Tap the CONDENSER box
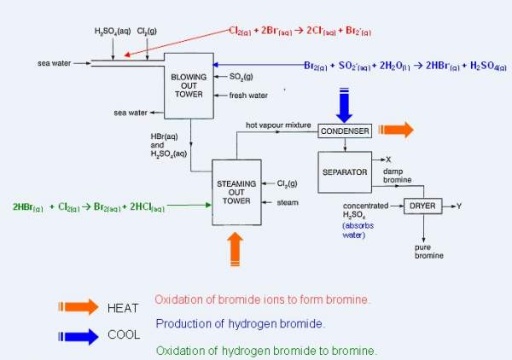(x=345, y=131)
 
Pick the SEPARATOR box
(x=345, y=171)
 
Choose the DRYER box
(x=423, y=206)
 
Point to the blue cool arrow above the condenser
(x=344, y=103)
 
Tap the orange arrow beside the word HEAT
(x=76, y=307)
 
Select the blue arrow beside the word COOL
(x=76, y=336)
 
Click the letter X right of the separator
(x=388, y=160)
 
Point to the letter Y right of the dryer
(x=458, y=206)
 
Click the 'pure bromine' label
(x=428, y=252)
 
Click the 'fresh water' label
(x=249, y=95)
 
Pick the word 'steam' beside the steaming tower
(x=288, y=202)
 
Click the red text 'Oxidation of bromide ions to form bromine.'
(x=262, y=299)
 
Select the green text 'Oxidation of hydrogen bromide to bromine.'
(x=265, y=350)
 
